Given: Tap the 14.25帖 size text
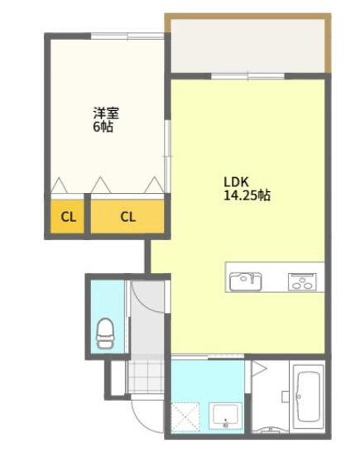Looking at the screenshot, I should (246, 196).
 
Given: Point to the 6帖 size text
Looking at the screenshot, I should (103, 127).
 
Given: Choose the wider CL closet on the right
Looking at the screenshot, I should (127, 218).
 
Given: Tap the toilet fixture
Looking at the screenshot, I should (105, 331).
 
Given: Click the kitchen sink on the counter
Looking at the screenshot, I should (244, 280).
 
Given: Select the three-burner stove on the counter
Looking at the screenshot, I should (301, 281).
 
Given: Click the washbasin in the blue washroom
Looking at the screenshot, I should (224, 413).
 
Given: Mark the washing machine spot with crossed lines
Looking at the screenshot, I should (185, 414).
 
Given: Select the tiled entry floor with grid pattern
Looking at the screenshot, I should (145, 376).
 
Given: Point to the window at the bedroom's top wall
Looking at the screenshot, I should (126, 36).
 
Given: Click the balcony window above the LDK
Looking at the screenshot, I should (248, 76).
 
